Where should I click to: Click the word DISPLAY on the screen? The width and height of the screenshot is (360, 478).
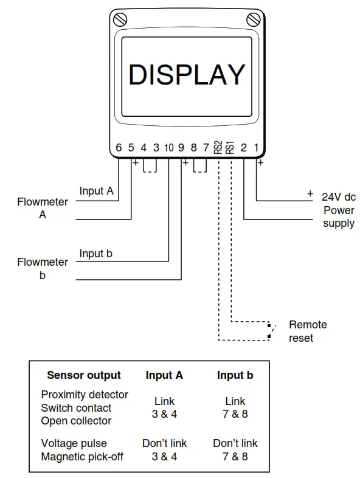coord(187,75)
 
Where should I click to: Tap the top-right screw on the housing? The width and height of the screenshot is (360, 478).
coord(252,18)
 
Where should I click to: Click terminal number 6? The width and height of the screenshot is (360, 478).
coord(119,148)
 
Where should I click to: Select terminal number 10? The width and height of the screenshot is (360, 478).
coord(168,148)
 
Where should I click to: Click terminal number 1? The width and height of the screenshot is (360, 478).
coord(256,148)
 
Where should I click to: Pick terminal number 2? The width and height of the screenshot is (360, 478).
coord(244,148)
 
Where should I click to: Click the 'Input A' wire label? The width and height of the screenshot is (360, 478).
coord(96,191)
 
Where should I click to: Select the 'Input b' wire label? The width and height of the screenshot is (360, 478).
coord(95,254)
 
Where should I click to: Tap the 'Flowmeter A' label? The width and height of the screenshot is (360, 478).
coord(43,208)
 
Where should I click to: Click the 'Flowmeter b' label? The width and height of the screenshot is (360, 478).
coord(43,269)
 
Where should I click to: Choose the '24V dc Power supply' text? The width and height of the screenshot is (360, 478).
coord(338,210)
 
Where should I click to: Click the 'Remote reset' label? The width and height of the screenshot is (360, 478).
coord(308,331)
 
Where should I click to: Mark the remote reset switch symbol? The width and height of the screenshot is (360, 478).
coord(271,330)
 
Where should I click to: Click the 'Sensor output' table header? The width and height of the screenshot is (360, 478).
coord(84,375)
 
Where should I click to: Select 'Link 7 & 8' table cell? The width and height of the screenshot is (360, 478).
coord(235,408)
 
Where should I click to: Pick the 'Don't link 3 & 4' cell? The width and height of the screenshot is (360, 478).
coord(164,449)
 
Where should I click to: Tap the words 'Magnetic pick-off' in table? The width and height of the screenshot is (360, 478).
coord(82,456)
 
